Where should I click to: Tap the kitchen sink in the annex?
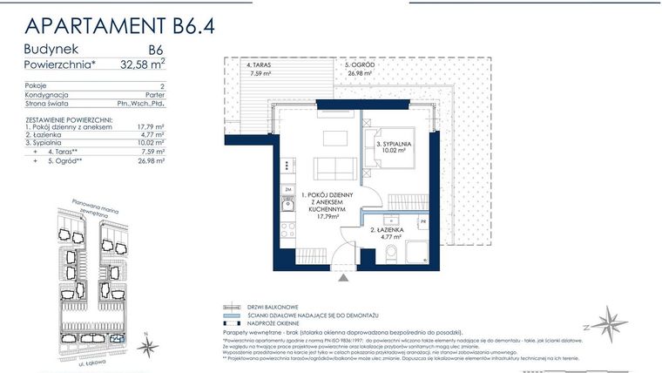287,206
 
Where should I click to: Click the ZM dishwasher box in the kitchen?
287,188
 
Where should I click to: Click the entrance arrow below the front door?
345,278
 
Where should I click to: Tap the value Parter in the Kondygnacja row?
156,95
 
